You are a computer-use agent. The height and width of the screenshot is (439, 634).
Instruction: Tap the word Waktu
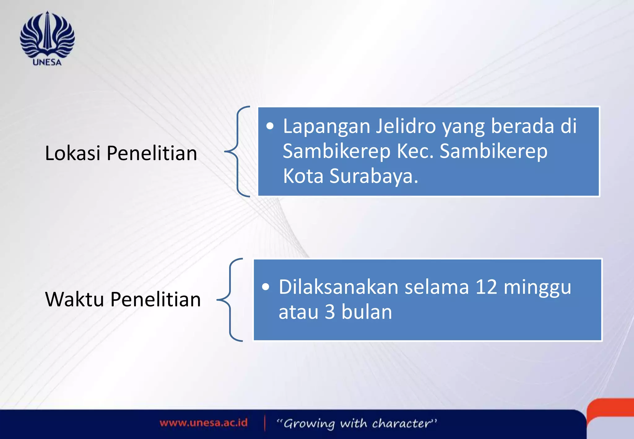coord(74,299)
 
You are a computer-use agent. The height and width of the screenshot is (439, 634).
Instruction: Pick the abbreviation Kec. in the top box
coord(415,151)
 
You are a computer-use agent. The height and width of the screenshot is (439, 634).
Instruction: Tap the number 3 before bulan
coord(330,312)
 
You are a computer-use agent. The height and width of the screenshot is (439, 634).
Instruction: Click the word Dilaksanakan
coord(338,287)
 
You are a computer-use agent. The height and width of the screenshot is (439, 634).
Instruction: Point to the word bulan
coord(367,312)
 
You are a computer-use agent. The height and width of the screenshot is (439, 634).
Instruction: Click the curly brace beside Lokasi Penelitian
coord(238,151)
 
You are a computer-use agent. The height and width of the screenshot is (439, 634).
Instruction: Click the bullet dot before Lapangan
coord(270,126)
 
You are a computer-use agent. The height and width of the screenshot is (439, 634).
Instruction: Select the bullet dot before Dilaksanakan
coord(266,287)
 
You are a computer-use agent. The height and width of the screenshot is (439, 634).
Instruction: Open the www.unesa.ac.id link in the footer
coord(203,423)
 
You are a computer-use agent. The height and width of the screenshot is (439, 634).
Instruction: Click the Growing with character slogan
coord(356,424)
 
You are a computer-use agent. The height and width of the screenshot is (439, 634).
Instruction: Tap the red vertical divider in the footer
coord(265,423)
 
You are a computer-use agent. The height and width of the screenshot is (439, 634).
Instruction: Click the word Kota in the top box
coord(303,176)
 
